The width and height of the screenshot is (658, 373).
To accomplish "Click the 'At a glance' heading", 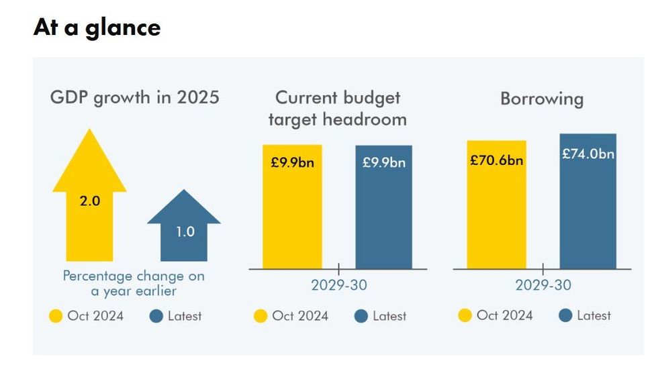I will click(x=97, y=28).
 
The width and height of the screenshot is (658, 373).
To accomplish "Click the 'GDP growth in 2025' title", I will click(x=135, y=97).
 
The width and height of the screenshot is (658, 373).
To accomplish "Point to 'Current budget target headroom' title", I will click(x=338, y=109).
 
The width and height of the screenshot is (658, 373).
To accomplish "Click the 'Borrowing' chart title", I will click(x=542, y=99).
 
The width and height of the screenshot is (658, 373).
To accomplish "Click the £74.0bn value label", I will click(x=588, y=154).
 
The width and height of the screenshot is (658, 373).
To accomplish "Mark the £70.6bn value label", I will click(x=496, y=160).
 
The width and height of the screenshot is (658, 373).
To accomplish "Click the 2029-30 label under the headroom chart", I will click(x=338, y=285).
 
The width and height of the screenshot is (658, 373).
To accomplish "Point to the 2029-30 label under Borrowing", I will click(x=543, y=285).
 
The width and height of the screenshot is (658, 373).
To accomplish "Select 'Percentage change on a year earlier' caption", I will click(x=134, y=283).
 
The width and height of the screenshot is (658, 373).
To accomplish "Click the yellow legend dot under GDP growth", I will click(x=56, y=316).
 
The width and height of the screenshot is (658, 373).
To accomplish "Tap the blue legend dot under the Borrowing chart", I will click(x=565, y=315).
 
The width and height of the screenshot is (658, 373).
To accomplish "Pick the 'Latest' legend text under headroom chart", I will click(x=389, y=316).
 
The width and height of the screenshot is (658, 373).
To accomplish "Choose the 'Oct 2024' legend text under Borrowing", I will click(x=504, y=315).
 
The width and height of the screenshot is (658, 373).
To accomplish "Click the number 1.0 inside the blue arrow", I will click(x=185, y=232).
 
